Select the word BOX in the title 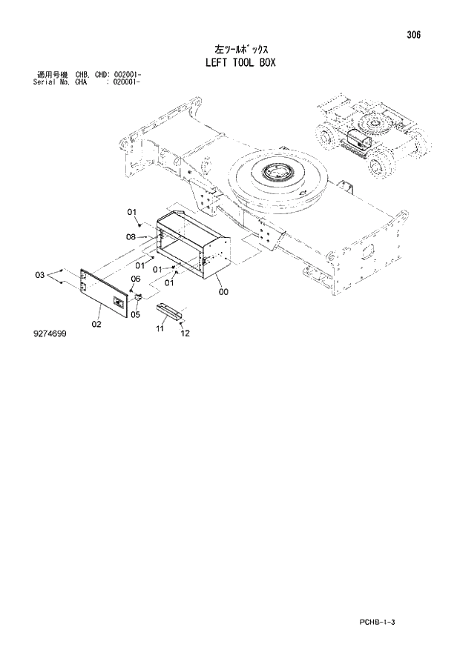(x=266, y=62)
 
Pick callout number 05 (x=135, y=314)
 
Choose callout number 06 (x=136, y=279)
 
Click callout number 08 (x=131, y=237)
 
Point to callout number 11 (x=160, y=328)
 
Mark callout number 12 (x=185, y=333)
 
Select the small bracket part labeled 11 (x=168, y=311)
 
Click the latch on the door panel (x=119, y=302)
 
